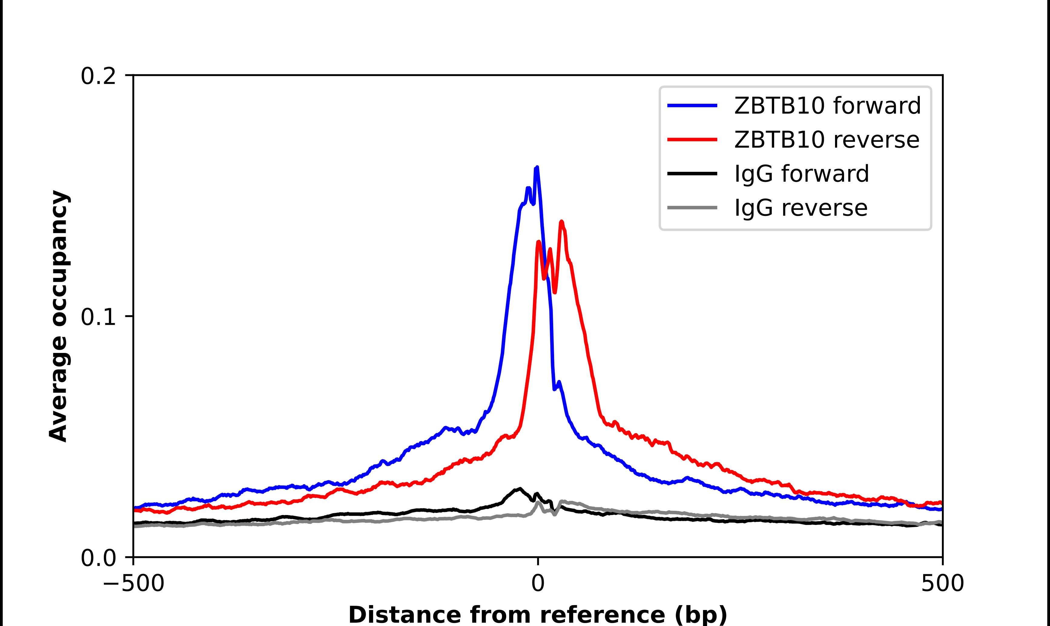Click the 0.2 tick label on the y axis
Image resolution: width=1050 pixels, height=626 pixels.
pos(98,76)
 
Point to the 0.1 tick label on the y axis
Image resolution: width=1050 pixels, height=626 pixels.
pos(98,317)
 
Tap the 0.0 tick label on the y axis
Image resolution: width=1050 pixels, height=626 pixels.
pos(98,558)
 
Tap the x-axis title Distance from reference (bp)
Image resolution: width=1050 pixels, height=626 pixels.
pos(537,614)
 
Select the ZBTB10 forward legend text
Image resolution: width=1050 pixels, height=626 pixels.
pos(827,106)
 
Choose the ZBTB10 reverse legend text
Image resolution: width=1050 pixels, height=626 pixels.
pos(826,140)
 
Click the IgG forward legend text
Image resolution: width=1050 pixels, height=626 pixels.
pos(801,174)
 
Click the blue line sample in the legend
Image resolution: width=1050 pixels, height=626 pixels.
pos(692,106)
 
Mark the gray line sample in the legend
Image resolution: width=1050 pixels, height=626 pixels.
pos(692,207)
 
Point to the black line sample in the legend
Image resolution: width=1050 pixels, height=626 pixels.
pos(692,173)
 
